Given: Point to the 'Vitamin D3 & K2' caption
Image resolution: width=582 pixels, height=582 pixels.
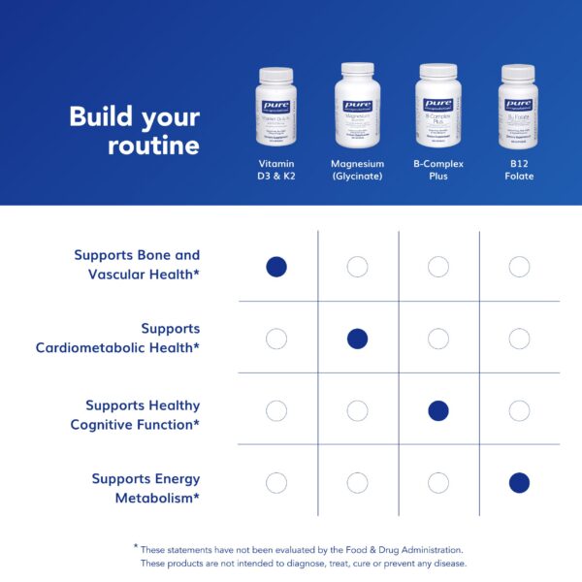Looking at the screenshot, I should click(x=276, y=170).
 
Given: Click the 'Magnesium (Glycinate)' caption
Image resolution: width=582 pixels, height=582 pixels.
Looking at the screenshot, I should click(x=357, y=170).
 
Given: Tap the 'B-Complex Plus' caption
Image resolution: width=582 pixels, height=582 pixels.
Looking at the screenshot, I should click(x=437, y=170).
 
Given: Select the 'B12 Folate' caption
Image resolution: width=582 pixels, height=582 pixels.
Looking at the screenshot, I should click(x=519, y=170).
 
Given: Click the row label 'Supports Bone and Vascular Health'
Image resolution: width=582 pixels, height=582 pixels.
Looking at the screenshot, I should click(x=137, y=265).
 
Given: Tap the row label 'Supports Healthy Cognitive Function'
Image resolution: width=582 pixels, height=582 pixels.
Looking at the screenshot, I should click(x=135, y=414).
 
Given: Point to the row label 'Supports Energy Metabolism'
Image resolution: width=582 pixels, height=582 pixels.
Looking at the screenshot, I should click(x=145, y=487).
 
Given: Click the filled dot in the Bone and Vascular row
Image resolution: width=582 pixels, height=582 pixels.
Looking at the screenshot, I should click(x=276, y=267).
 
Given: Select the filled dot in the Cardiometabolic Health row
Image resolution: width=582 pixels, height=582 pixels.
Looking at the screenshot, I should click(x=357, y=339).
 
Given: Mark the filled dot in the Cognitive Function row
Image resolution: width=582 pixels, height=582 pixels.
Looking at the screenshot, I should click(x=438, y=410).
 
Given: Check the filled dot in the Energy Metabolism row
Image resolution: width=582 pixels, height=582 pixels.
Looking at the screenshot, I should click(x=519, y=482).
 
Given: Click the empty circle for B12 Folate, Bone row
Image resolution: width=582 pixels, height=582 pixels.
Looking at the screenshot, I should click(x=519, y=267).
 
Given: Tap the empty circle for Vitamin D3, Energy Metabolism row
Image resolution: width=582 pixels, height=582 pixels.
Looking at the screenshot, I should click(x=276, y=482).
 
